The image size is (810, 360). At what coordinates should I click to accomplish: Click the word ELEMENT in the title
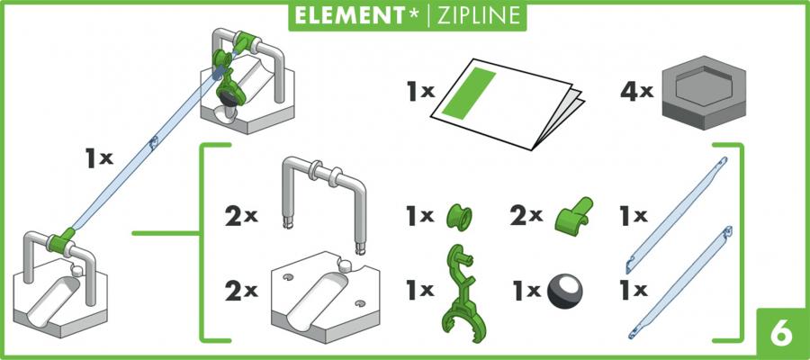pos(350,15)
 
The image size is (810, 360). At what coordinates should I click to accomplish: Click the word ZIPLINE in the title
pos(480,15)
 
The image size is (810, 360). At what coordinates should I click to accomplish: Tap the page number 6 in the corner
pos(781,334)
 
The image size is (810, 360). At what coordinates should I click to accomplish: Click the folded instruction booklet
pos(508,103)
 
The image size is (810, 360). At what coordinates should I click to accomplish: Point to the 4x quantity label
pos(637,93)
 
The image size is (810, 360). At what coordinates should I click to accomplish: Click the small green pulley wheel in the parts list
pos(459,217)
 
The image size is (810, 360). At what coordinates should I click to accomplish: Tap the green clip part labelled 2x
pos(573,214)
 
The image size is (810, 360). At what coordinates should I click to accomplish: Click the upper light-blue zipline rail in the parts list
pos(676,215)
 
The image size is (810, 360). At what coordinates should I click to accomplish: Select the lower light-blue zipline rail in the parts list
pos(679,282)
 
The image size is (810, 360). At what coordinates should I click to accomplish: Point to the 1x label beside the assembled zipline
pos(99,159)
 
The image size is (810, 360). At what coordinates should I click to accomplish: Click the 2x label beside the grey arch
pos(241,218)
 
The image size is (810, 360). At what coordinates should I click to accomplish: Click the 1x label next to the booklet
pos(420,93)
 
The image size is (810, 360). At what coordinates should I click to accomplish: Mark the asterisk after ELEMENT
pos(414,13)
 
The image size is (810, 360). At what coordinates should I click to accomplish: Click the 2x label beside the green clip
pos(526,217)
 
